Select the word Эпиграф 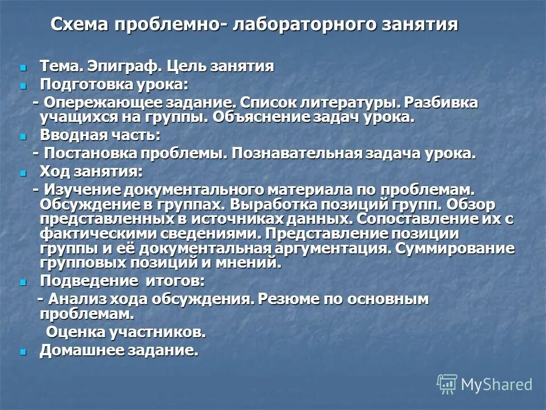coord(126,66)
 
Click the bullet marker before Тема coord(23,67)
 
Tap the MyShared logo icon coord(447,384)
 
